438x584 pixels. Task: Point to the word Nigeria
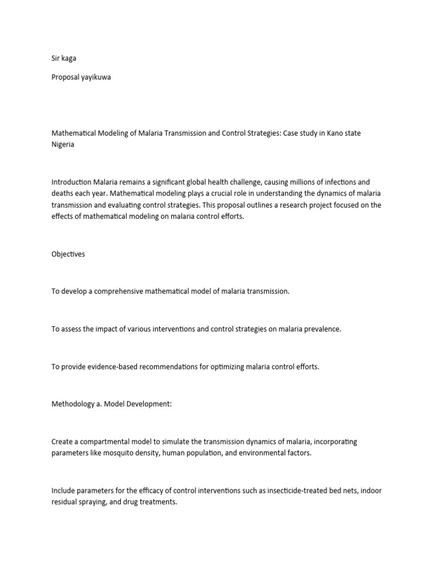point(63,145)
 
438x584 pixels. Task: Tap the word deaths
point(63,194)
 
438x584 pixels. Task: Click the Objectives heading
point(68,254)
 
